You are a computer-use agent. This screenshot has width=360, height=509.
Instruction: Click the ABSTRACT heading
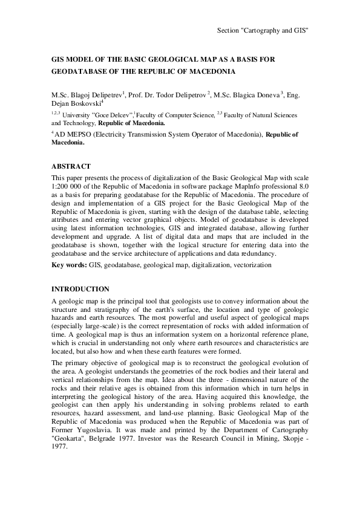click(71, 166)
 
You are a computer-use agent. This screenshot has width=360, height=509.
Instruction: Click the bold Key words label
click(69, 265)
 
